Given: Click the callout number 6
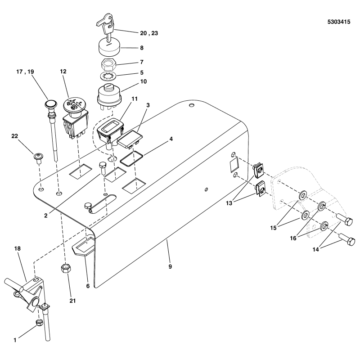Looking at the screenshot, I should pos(88,285).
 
